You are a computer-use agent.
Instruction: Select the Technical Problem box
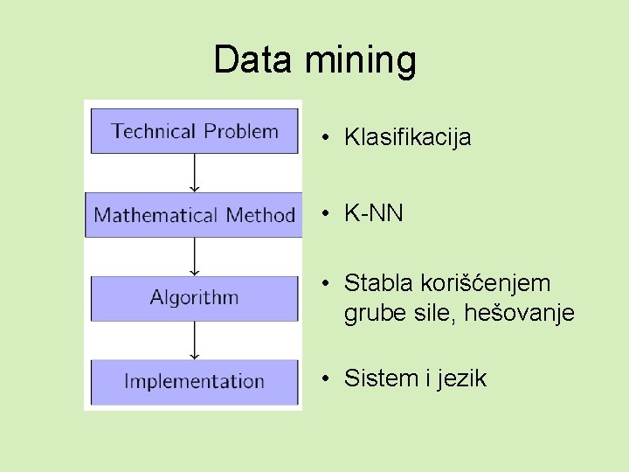point(194,131)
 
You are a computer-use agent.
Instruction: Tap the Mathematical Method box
point(194,215)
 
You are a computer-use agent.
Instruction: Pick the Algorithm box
point(194,298)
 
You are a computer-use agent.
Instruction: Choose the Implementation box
point(194,381)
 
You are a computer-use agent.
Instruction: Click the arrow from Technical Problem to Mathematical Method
point(195,173)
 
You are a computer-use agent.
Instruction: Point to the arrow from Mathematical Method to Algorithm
point(195,257)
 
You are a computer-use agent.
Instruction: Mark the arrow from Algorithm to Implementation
point(195,340)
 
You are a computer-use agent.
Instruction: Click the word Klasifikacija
point(407,137)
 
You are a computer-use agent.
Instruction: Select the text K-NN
point(374,213)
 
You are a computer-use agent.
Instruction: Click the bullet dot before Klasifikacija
point(323,137)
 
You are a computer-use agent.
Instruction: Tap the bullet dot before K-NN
point(323,213)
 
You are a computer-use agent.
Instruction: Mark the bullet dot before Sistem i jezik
point(323,378)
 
